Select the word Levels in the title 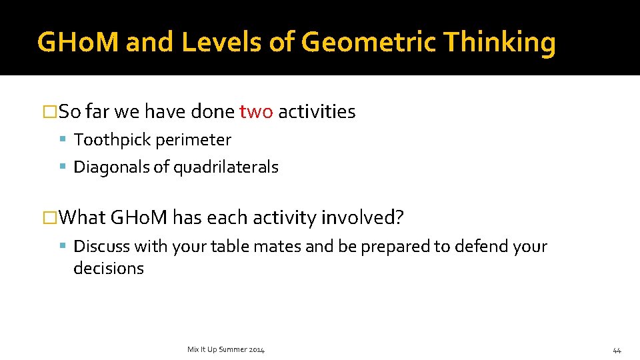(215, 43)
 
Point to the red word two (256, 111)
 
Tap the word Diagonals (111, 167)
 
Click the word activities (317, 111)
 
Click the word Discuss (101, 246)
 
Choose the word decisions (109, 268)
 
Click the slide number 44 (617, 350)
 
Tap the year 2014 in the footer (257, 350)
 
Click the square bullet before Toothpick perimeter (63, 140)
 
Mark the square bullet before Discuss (63, 246)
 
